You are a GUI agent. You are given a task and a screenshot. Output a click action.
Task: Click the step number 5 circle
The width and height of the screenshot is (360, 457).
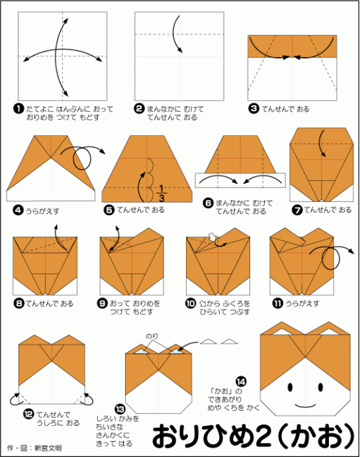(109, 210)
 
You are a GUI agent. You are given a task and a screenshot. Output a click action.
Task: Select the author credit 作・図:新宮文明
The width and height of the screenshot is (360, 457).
(34, 448)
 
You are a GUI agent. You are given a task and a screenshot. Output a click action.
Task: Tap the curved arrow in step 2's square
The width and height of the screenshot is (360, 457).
(177, 32)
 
